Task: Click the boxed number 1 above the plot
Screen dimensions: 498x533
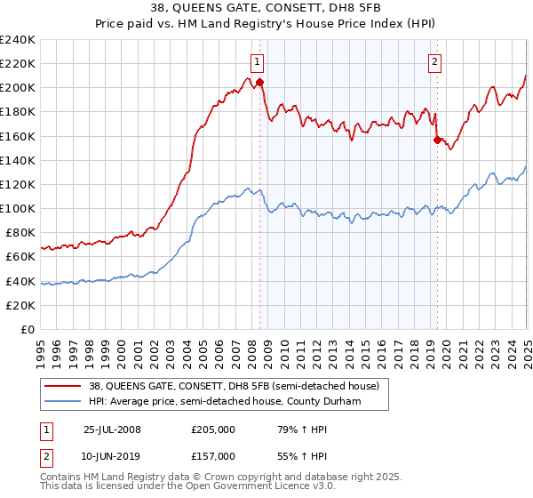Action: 257,61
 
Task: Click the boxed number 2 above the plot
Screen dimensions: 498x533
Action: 435,61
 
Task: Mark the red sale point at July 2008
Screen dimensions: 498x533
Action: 260,83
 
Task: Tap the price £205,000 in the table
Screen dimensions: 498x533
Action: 214,430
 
